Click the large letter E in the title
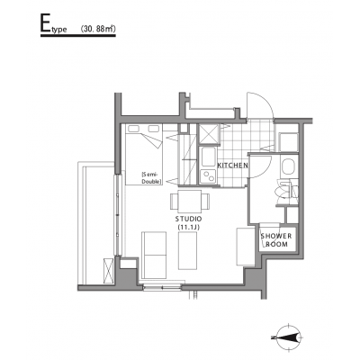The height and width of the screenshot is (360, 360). (x=46, y=23)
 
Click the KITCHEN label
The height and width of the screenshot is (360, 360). (x=232, y=165)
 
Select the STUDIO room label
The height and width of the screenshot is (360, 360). (x=189, y=219)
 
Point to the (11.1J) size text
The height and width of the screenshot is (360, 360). (x=189, y=228)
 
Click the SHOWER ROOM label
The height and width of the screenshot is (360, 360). (x=276, y=240)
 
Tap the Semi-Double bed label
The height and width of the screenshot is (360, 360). (x=152, y=178)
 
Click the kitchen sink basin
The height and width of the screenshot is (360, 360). (x=208, y=157)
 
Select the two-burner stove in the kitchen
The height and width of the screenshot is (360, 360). (x=208, y=175)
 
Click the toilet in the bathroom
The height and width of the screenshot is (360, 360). (x=285, y=191)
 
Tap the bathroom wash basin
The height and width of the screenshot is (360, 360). (x=289, y=166)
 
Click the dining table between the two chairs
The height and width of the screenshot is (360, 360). (x=189, y=202)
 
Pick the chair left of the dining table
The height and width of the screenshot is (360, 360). (x=175, y=202)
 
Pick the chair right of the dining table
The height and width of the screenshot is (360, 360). (x=205, y=202)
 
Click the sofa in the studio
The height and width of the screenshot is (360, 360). (x=154, y=255)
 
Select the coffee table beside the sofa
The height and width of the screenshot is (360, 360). (x=188, y=251)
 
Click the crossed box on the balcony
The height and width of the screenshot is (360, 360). (x=108, y=270)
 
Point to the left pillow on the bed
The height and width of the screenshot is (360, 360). (x=133, y=129)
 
